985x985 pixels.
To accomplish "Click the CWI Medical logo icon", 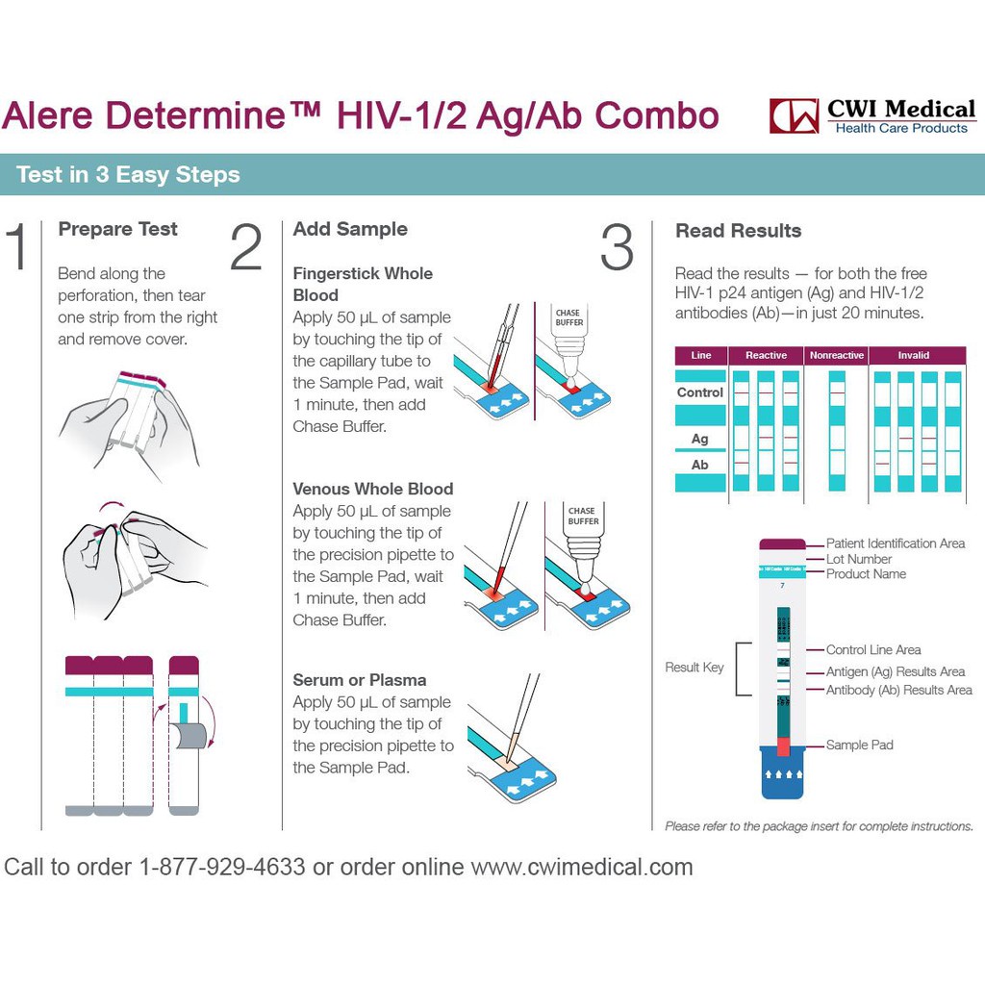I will [x=794, y=115].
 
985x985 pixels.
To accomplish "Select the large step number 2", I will [x=246, y=247].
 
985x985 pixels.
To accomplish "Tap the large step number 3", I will [x=617, y=247].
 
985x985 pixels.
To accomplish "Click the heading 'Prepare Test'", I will [x=117, y=229].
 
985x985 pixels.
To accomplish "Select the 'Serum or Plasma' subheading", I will [x=359, y=680].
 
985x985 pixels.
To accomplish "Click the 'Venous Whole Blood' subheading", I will [x=372, y=489].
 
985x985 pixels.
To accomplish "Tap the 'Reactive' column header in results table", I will [x=766, y=355].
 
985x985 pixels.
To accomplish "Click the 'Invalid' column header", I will [x=914, y=355].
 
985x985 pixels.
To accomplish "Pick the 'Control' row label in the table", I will [x=700, y=392].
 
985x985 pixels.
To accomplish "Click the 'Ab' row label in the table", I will [x=700, y=465].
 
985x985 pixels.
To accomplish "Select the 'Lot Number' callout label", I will [x=859, y=559].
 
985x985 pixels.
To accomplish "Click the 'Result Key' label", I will [x=695, y=668].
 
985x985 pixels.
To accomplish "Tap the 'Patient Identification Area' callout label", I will [x=896, y=543].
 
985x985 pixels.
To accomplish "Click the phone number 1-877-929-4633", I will [x=222, y=867].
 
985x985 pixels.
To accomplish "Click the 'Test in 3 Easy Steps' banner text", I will [x=128, y=175].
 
